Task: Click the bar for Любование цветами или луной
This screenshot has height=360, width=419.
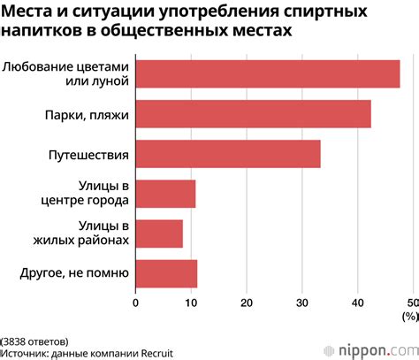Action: (x=267, y=74)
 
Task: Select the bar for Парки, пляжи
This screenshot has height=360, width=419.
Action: (x=253, y=115)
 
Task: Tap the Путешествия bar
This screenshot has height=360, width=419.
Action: (x=227, y=155)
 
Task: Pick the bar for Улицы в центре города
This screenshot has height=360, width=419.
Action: (x=165, y=194)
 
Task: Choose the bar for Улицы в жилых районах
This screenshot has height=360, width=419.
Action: (x=159, y=234)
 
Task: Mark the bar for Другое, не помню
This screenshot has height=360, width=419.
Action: (x=166, y=273)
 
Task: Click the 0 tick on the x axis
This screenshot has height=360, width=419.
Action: (x=135, y=303)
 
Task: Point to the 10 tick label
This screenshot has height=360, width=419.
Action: (x=190, y=303)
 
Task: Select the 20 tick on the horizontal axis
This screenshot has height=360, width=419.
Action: (x=246, y=303)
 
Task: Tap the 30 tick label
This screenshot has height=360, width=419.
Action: (x=301, y=303)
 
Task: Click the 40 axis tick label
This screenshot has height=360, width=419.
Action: (x=357, y=303)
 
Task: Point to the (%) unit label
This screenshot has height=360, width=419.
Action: (x=408, y=315)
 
